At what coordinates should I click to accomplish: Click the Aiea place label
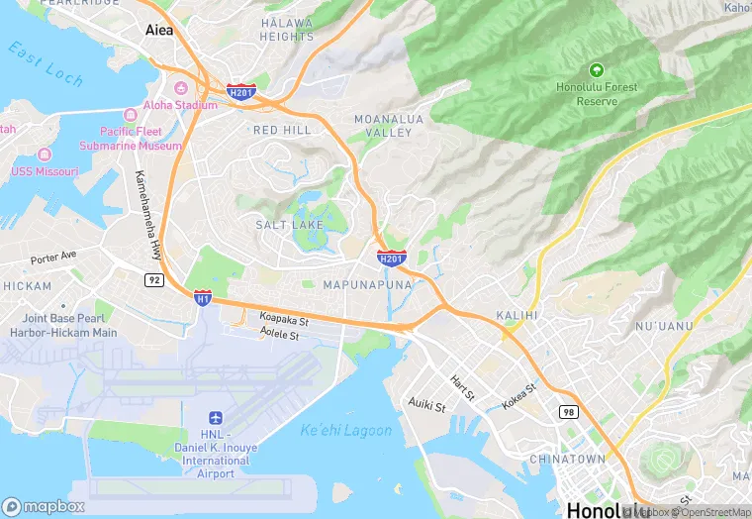click(158, 30)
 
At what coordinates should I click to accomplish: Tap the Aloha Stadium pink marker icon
click(180, 88)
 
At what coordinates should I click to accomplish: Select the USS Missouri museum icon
click(44, 156)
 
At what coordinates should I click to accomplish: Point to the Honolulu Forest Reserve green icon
click(596, 70)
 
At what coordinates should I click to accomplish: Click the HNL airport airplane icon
click(216, 419)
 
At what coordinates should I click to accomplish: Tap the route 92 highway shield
click(153, 280)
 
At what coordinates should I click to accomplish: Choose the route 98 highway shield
click(567, 412)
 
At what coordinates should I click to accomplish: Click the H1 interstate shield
click(202, 296)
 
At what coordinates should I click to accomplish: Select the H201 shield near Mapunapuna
click(392, 258)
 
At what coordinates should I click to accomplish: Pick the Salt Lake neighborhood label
click(290, 225)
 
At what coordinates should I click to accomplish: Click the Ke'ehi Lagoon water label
click(345, 430)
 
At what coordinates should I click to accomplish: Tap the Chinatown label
click(567, 460)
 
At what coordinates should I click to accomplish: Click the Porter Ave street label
click(53, 257)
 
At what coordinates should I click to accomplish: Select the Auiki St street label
click(426, 405)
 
